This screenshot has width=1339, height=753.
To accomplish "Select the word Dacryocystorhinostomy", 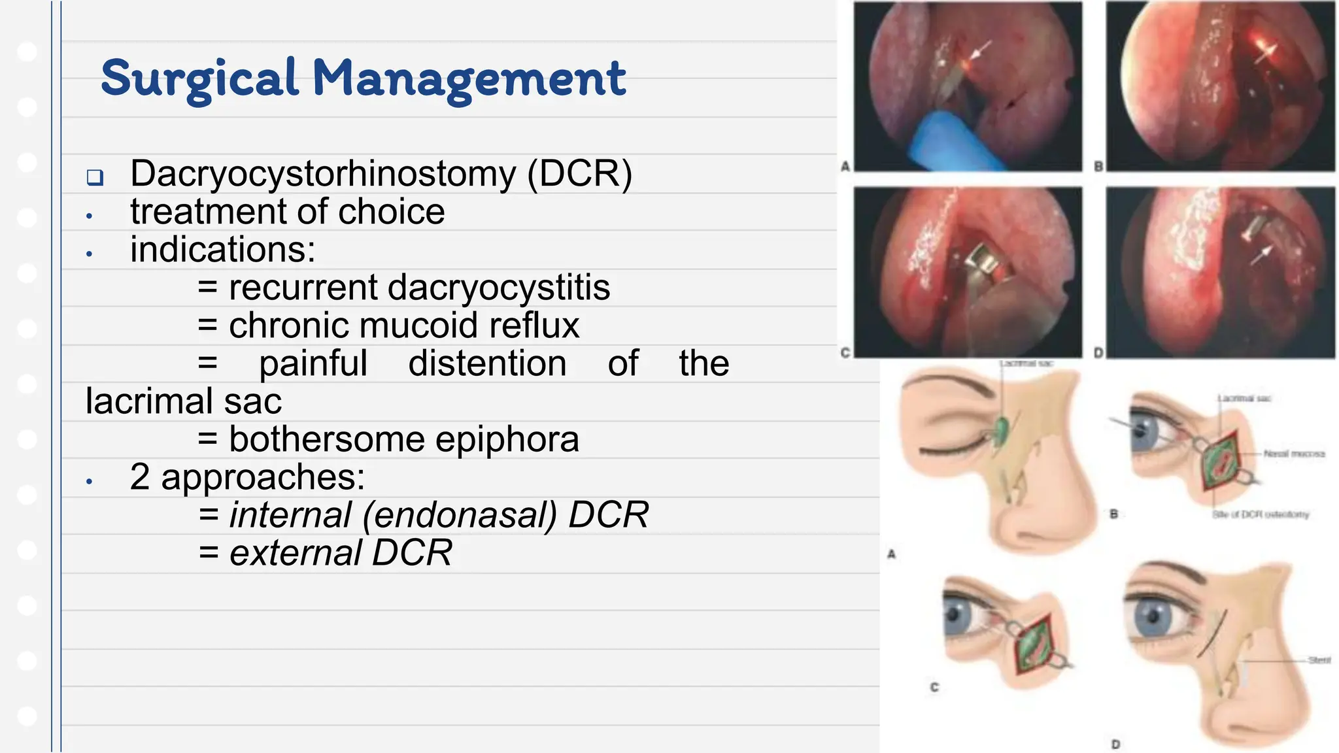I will (x=323, y=174).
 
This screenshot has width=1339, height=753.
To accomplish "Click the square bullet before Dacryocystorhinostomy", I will (x=95, y=177).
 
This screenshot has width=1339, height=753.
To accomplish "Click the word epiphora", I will (x=507, y=439).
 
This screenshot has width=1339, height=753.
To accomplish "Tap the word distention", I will (x=487, y=363).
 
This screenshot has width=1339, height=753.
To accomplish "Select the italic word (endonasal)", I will (x=460, y=515).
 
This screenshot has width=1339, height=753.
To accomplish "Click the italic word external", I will (x=295, y=553).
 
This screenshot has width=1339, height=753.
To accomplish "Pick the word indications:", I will (x=222, y=250).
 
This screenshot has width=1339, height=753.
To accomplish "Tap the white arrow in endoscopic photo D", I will (x=1261, y=255).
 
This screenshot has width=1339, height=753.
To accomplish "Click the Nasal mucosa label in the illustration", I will (x=1294, y=454).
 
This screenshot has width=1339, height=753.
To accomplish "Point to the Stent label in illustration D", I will (x=1319, y=660).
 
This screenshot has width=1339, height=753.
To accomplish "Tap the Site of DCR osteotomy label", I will (x=1261, y=514).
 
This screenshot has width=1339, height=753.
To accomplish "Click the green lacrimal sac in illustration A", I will (x=1001, y=432).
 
